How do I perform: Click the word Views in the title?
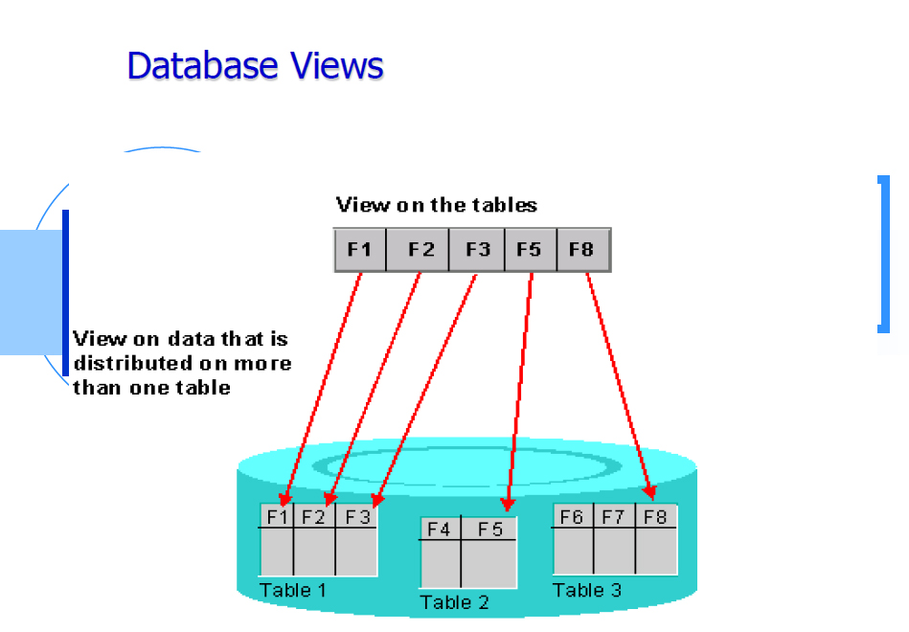click(x=337, y=65)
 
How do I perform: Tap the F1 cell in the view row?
click(x=360, y=249)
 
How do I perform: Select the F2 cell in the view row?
click(x=418, y=249)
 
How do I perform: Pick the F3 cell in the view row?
click(x=477, y=249)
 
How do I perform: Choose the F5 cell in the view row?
click(x=531, y=249)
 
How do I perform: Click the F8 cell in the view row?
click(x=583, y=249)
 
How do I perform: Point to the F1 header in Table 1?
click(x=277, y=516)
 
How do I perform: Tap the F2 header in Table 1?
click(x=314, y=516)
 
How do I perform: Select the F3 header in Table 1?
click(x=356, y=516)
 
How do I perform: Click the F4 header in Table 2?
click(x=440, y=529)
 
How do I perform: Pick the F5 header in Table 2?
click(x=489, y=529)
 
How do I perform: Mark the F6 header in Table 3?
click(x=573, y=516)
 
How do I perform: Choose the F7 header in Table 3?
click(x=614, y=516)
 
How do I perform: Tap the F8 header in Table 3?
click(x=656, y=516)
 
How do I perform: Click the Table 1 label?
click(x=293, y=590)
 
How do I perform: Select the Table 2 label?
click(x=454, y=602)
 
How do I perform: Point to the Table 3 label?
click(x=586, y=590)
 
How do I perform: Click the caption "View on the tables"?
click(x=437, y=205)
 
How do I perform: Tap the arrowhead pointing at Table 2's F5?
click(x=508, y=504)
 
